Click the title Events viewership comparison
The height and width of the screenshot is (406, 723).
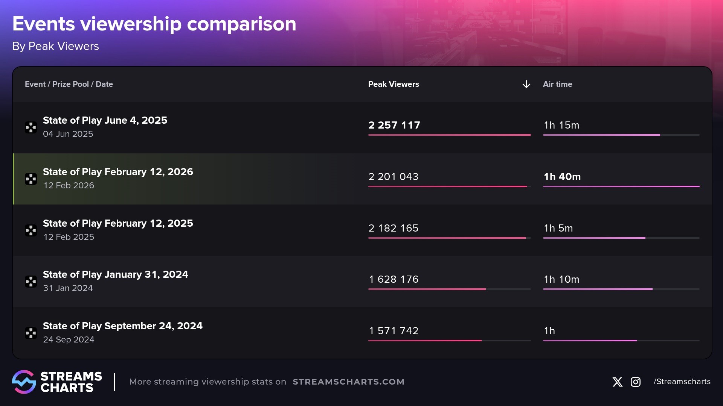154,24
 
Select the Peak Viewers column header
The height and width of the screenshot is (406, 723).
394,84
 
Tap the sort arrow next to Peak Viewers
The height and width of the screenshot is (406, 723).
526,84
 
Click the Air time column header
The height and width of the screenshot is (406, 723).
557,84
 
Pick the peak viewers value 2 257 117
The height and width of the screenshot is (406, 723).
394,125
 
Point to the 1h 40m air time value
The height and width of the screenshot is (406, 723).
562,177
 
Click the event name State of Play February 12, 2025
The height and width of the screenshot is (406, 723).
118,223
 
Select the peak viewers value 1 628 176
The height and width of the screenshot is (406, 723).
394,279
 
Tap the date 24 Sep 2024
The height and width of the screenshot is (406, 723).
69,339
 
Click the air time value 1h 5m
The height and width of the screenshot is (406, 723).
558,228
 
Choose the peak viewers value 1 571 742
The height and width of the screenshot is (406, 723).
394,331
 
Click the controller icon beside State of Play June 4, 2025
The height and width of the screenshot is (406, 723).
31,127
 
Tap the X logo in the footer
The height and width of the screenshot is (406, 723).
617,382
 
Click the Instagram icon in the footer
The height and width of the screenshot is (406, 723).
636,382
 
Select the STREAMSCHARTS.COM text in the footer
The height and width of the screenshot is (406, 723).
348,382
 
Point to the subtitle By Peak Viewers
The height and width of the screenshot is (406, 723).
55,46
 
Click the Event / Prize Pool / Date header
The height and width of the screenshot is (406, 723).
69,84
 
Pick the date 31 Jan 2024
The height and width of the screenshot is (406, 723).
68,288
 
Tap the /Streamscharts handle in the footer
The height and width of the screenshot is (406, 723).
682,382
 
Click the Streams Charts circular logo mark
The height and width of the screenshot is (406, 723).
24,382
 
